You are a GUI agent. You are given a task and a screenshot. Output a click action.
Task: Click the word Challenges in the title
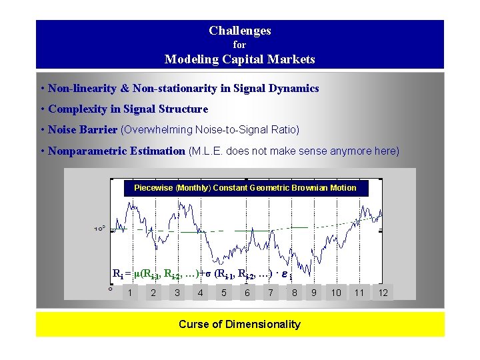pos(239,31)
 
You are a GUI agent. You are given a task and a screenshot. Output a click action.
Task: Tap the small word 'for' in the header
pos(239,45)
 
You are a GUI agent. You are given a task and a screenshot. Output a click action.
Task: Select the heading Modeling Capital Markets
pos(239,59)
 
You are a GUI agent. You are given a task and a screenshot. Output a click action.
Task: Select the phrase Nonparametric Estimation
pos(116,151)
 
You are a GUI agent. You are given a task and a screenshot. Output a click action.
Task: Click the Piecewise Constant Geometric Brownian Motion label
pos(245,188)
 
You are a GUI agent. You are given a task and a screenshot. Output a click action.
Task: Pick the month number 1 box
pos(130,292)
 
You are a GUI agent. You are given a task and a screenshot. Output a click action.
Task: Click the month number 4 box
pos(200,292)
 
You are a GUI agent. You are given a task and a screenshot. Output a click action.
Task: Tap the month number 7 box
pos(270,292)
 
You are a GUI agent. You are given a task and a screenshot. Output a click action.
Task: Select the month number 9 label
pos(313,292)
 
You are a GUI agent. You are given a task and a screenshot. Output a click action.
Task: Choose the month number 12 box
pos(383,292)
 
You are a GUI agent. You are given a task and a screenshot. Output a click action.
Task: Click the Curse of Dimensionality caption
pos(239,325)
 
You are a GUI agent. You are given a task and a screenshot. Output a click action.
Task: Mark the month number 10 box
pos(336,292)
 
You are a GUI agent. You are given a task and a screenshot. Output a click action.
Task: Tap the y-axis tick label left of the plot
pos(99,229)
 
